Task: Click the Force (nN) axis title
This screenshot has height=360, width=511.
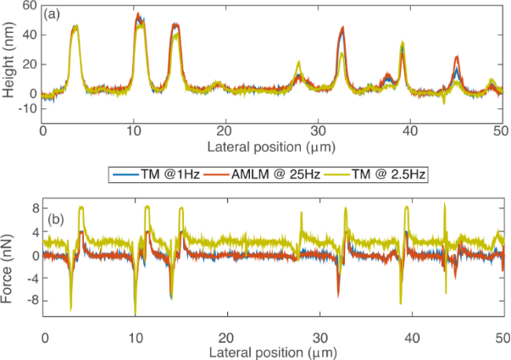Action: [9, 257]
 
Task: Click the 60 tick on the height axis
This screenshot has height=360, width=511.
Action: [31, 6]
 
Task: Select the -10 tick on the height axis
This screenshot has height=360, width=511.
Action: [27, 108]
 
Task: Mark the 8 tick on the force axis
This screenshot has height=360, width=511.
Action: [34, 207]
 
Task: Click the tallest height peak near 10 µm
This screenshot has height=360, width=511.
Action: [137, 14]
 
